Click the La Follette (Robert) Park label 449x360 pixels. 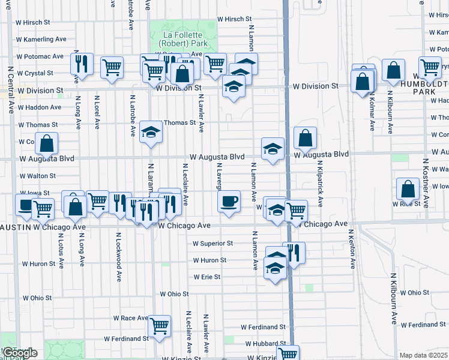pyautogui.click(x=182, y=38)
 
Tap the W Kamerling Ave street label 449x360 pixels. pyautogui.click(x=41, y=39)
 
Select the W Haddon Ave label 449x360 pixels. pyautogui.click(x=40, y=107)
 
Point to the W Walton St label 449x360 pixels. pyautogui.click(x=38, y=176)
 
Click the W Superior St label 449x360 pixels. pyautogui.click(x=212, y=243)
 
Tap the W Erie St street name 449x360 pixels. pyautogui.click(x=207, y=277)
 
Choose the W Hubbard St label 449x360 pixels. pyautogui.click(x=265, y=344)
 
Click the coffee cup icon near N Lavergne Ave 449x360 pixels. pyautogui.click(x=228, y=202)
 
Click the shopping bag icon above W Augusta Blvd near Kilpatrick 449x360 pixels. pyautogui.click(x=306, y=138)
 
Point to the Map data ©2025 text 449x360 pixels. pyautogui.click(x=423, y=355)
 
